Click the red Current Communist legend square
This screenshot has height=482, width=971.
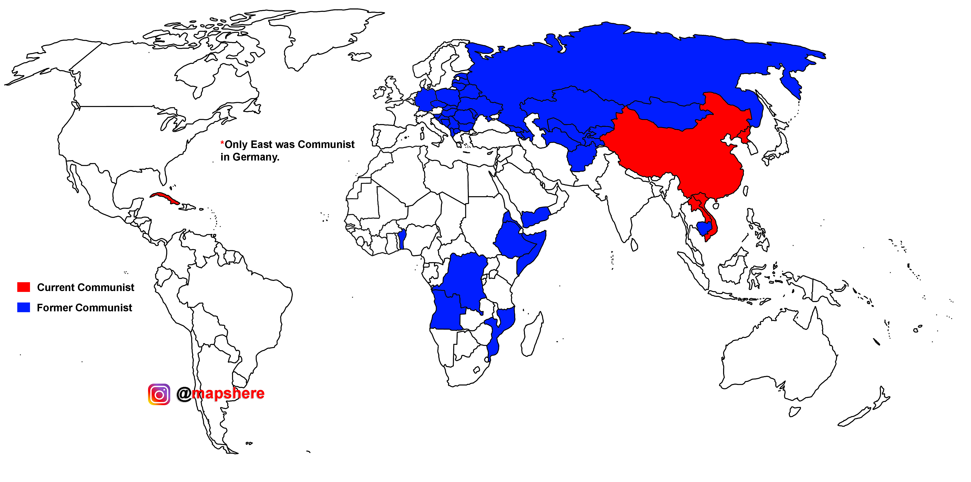23,287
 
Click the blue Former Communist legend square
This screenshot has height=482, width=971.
23,307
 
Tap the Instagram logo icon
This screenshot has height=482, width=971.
159,394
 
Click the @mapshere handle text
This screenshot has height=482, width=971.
221,394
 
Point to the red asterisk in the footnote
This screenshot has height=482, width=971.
222,143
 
